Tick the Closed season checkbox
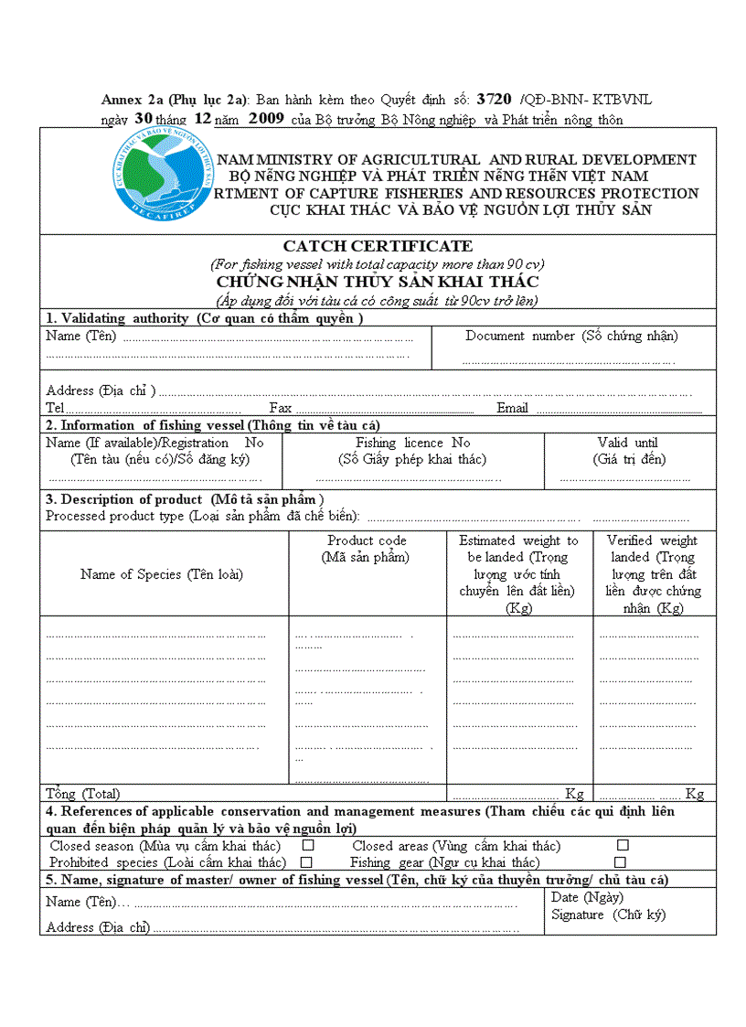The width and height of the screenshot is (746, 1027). (x=308, y=846)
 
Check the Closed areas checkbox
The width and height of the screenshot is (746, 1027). (x=623, y=846)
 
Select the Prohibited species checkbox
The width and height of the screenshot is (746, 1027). (x=307, y=862)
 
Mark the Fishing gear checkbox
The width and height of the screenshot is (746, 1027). (x=620, y=862)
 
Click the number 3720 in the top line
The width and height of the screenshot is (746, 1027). (x=494, y=99)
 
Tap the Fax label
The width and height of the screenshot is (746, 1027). (x=280, y=408)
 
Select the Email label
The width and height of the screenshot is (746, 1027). (x=512, y=408)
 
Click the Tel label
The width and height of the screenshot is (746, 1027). (x=55, y=408)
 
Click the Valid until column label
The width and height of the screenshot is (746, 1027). (x=627, y=443)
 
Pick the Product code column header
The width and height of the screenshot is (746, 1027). (x=367, y=540)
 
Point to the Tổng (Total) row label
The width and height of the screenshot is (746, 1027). (x=83, y=794)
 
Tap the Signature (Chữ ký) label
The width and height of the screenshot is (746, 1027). (x=608, y=915)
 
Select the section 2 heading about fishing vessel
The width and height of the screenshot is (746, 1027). (x=213, y=425)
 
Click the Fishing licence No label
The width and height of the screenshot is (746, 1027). (x=413, y=443)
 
